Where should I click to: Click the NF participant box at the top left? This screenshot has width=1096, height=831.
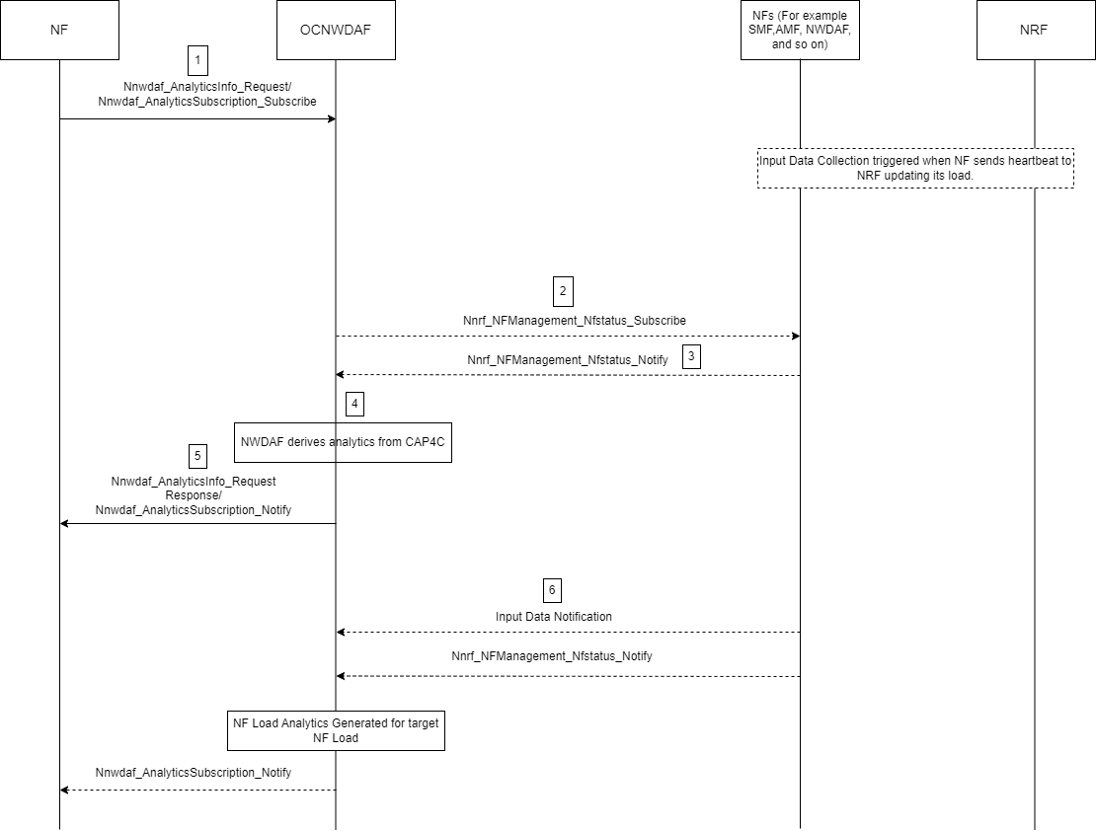click(59, 31)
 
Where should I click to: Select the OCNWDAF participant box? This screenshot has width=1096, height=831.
click(335, 31)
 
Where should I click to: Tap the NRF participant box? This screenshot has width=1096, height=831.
click(1034, 31)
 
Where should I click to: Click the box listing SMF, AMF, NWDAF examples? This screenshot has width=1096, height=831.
click(800, 31)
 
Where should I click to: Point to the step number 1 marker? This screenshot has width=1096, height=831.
click(197, 60)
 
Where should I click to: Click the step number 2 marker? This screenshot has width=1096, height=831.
click(562, 292)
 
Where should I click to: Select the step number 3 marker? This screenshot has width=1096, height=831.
click(691, 356)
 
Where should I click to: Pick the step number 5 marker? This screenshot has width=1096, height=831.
click(197, 456)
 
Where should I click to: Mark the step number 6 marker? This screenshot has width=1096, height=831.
click(552, 590)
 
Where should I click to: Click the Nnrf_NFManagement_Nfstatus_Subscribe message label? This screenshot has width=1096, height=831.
click(575, 321)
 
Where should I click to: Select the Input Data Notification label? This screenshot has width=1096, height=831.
click(553, 617)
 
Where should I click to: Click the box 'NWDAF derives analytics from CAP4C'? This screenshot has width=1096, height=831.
click(343, 442)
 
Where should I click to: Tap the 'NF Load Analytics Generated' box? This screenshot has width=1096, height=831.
click(336, 730)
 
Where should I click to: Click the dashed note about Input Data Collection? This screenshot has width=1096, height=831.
click(915, 168)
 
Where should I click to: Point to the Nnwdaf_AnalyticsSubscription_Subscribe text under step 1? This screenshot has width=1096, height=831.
click(207, 102)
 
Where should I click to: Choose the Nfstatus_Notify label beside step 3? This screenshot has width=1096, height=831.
click(567, 360)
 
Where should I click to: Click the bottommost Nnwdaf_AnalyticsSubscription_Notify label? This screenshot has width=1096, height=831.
click(194, 773)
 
